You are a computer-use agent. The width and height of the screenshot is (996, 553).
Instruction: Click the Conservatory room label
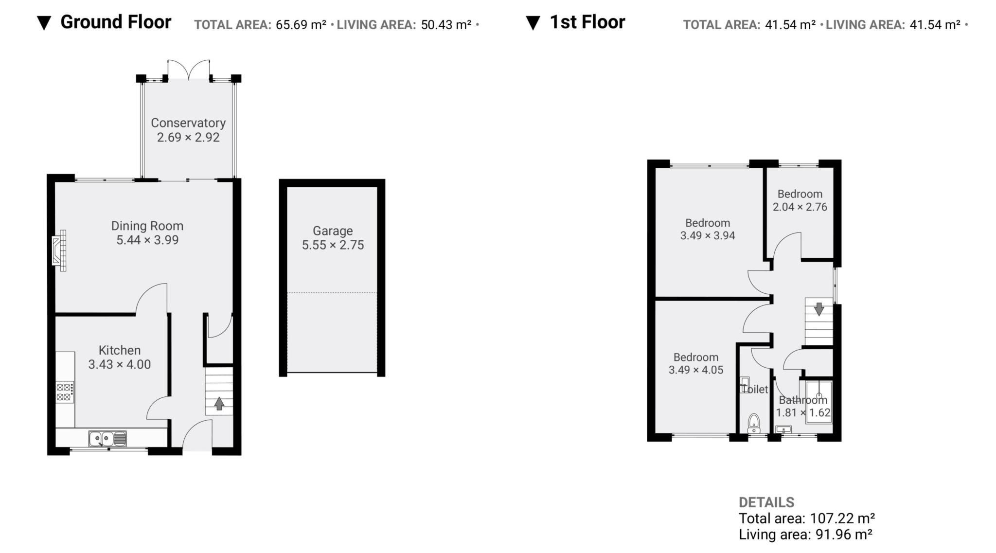[x=188, y=123]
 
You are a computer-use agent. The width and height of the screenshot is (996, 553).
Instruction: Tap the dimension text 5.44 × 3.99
[x=147, y=240]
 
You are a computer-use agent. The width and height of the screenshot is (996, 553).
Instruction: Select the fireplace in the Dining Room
[x=59, y=250]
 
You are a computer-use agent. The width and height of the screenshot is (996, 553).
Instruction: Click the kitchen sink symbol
[x=107, y=439]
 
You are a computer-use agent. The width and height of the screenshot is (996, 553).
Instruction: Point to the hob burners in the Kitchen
[x=65, y=392]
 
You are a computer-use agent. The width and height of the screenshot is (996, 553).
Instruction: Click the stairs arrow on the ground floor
[x=219, y=403]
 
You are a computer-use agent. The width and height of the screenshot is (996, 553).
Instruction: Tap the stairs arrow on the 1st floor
[x=819, y=309]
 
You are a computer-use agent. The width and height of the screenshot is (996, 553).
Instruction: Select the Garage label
[x=333, y=231]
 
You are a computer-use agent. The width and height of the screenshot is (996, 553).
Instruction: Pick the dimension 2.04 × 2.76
[x=800, y=207]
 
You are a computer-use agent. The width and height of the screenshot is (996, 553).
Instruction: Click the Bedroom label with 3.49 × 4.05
[x=695, y=357]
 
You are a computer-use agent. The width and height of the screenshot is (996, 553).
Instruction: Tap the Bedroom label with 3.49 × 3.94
[x=707, y=223]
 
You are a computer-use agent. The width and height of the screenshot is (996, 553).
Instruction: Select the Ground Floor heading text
[x=115, y=22]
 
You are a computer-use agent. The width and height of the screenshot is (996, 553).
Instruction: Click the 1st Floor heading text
[x=587, y=22]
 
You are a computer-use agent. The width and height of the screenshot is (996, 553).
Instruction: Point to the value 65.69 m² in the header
[x=301, y=25]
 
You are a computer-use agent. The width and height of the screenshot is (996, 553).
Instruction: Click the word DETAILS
[x=766, y=502]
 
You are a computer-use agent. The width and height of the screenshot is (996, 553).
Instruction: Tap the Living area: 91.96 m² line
[x=805, y=535]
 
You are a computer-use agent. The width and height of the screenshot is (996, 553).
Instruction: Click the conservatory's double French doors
[x=189, y=70]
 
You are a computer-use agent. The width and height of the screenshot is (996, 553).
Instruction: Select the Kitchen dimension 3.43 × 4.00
[x=119, y=365]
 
